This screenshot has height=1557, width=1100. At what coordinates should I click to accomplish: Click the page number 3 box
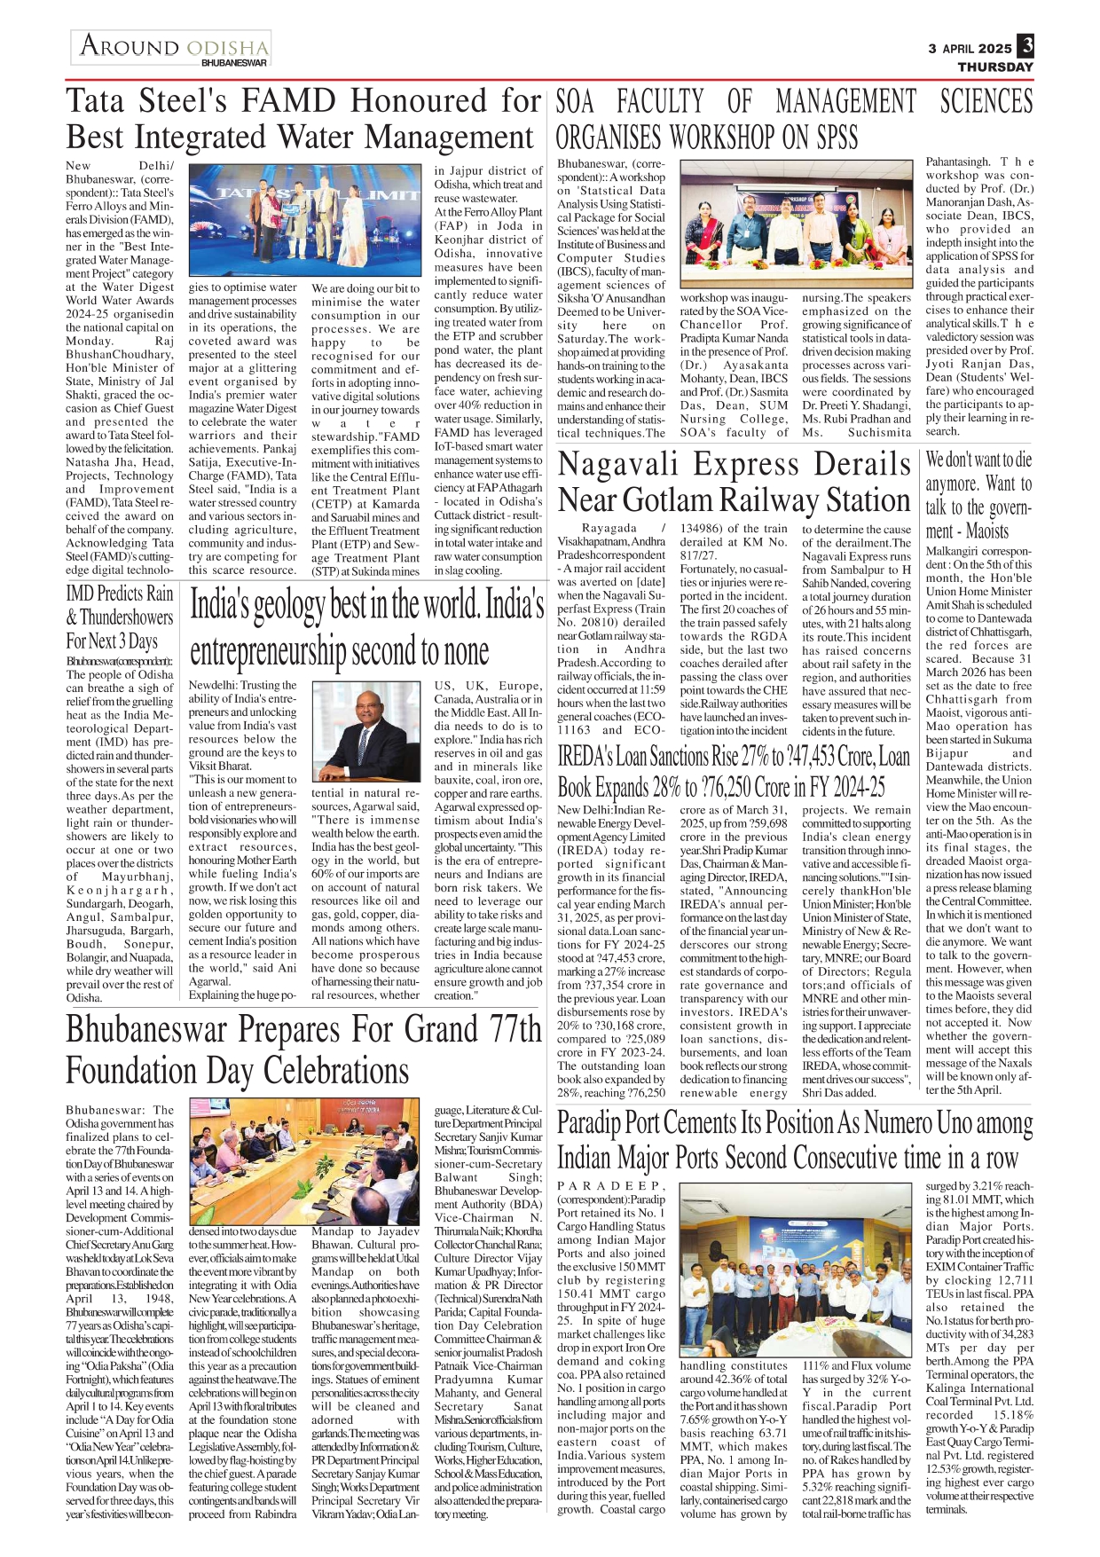[x=1025, y=45]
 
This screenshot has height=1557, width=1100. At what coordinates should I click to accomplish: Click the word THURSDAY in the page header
[x=995, y=67]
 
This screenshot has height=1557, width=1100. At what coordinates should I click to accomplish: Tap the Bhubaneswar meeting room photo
[x=304, y=1161]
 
